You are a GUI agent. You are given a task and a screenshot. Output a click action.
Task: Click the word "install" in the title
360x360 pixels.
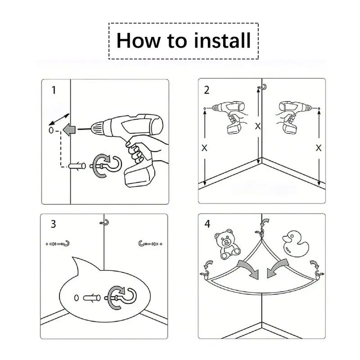point(222,40)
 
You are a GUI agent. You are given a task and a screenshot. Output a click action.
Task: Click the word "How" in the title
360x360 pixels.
point(139,40)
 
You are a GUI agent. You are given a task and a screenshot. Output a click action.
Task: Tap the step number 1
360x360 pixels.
point(54,90)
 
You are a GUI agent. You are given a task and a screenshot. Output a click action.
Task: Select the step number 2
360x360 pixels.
point(207,90)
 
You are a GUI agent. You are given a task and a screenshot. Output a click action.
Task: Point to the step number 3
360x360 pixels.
point(53,224)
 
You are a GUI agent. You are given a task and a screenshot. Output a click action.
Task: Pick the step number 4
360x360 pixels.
point(207,224)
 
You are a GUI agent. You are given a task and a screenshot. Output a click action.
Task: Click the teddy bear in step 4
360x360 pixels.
point(227,244)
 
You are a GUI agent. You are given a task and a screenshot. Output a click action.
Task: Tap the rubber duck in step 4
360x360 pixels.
point(296,244)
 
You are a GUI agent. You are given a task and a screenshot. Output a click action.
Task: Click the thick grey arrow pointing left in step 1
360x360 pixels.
point(69,130)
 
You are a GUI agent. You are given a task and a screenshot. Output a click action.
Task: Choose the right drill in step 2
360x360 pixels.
point(293,116)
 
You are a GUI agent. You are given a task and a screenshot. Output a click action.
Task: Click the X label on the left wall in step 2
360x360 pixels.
point(204,148)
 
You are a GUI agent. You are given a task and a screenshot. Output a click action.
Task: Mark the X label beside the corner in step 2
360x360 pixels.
point(258,126)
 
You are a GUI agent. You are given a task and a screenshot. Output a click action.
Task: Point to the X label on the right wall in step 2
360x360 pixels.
point(319,148)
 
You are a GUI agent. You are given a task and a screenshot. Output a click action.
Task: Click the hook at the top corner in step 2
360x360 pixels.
point(263,87)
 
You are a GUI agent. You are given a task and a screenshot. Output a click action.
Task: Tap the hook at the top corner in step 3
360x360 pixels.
point(105,222)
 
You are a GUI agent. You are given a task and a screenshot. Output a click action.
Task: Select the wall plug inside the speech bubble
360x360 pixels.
point(92,298)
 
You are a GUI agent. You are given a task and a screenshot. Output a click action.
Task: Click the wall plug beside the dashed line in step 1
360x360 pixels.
point(77,166)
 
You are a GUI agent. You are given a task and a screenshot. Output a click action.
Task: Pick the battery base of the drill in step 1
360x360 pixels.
point(139,175)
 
